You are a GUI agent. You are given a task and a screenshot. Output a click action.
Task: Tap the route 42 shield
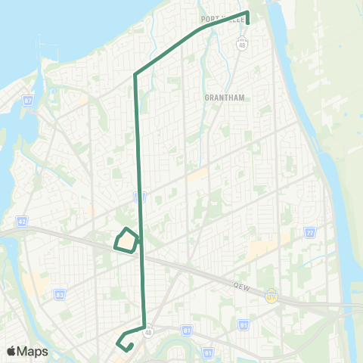pyautogui.click(x=22, y=222)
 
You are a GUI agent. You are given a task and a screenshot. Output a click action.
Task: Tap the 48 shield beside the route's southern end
pyautogui.click(x=149, y=330)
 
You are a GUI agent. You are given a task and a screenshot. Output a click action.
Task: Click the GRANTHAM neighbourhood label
pyautogui.click(x=222, y=98)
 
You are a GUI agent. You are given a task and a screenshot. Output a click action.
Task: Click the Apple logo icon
pyautogui.click(x=12, y=351)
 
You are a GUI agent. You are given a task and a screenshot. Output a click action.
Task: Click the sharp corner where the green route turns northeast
pyautogui.click(x=135, y=74)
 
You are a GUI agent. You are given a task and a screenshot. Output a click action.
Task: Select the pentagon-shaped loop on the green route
pyautogui.click(x=126, y=240)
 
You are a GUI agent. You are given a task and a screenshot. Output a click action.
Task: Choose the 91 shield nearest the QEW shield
pyautogui.click(x=244, y=305)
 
